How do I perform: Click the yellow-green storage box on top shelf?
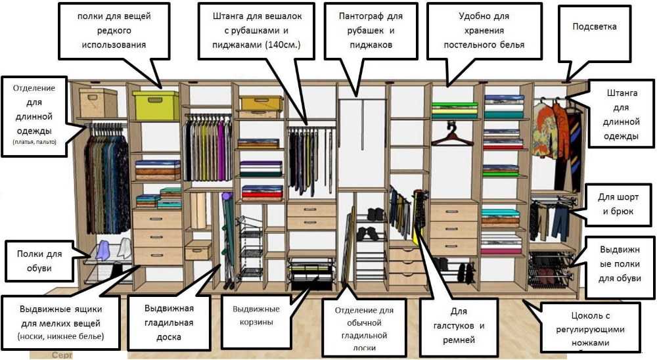(156, 105)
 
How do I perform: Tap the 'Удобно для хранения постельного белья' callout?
(484, 30)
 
